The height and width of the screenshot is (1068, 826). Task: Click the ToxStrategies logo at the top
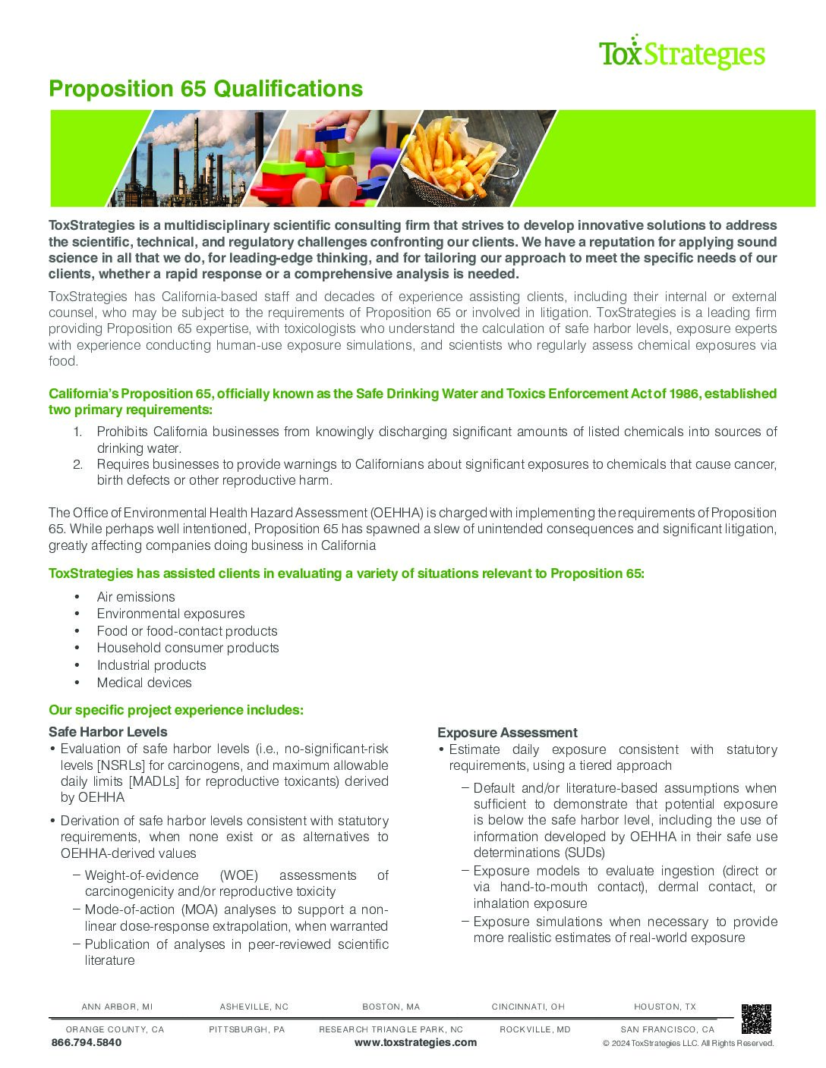[x=681, y=53]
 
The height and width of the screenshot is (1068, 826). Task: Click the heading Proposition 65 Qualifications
[x=206, y=89]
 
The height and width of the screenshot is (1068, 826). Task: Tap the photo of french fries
[x=471, y=158]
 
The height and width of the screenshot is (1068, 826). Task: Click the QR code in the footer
[x=756, y=1019]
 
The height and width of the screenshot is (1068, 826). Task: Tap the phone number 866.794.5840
[x=87, y=1042]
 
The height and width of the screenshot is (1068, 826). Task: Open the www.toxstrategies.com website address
[x=415, y=1042]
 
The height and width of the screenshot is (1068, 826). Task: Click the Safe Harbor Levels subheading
[x=108, y=732]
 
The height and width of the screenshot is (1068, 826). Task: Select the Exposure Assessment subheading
[x=507, y=733]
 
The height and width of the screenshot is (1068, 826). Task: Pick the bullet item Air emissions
[x=136, y=597]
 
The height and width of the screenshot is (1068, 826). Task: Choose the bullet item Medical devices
[x=144, y=683]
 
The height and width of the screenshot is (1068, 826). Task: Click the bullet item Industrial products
[x=151, y=665]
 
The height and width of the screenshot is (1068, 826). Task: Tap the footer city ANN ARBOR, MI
[x=117, y=1007]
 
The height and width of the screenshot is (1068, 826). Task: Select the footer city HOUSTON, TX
[x=665, y=1007]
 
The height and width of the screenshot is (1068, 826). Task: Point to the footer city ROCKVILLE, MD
[x=535, y=1029]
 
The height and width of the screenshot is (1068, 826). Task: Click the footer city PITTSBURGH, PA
[x=247, y=1029]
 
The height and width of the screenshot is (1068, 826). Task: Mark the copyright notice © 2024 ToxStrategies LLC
[x=688, y=1043]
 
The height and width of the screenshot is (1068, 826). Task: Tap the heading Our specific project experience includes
[x=176, y=710]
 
